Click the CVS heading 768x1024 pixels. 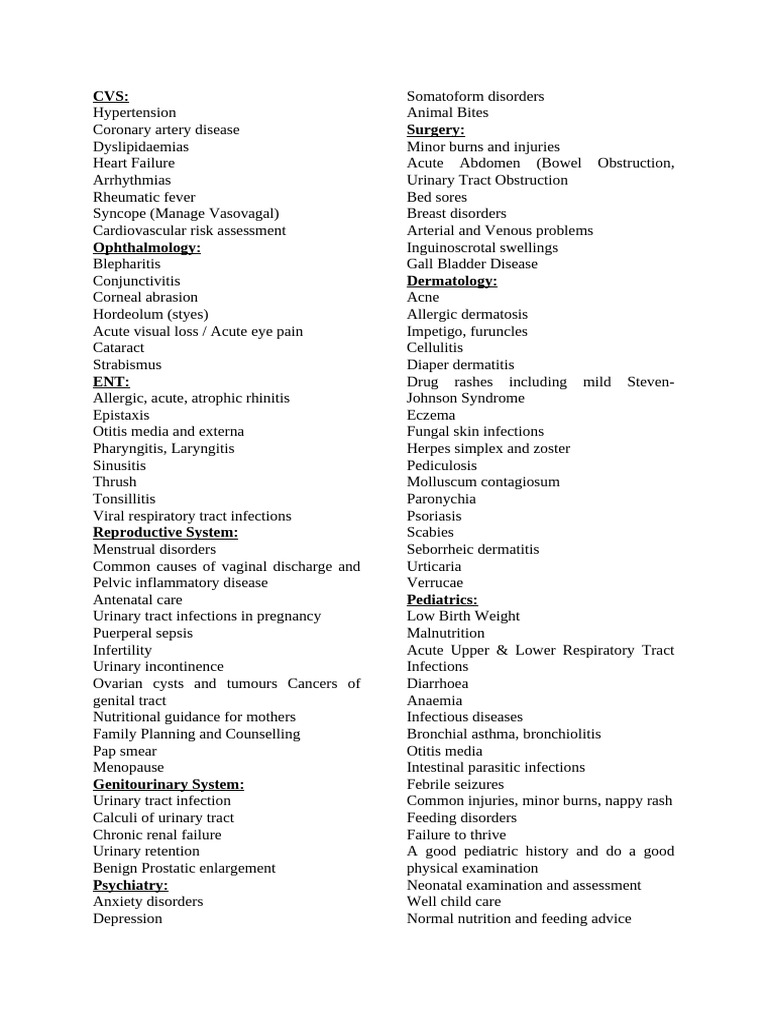[111, 96]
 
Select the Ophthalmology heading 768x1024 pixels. [147, 247]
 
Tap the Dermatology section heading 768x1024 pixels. [452, 281]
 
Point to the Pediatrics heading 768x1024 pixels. [442, 599]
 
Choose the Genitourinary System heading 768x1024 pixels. [169, 784]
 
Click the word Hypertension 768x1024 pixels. [134, 113]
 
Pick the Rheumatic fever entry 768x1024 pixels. [144, 197]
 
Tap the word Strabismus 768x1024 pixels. [127, 365]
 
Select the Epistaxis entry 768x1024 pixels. [121, 415]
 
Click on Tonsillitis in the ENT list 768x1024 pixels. [124, 499]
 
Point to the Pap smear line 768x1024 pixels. [125, 751]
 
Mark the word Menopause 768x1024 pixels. [128, 767]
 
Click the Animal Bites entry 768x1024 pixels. [447, 113]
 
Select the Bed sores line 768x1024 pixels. [437, 197]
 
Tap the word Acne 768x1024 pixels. [423, 297]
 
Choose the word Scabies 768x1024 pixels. [430, 532]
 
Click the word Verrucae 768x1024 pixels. [435, 583]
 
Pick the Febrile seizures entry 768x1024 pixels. [455, 784]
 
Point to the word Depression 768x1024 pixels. [127, 918]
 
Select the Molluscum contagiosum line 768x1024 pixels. [483, 482]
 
